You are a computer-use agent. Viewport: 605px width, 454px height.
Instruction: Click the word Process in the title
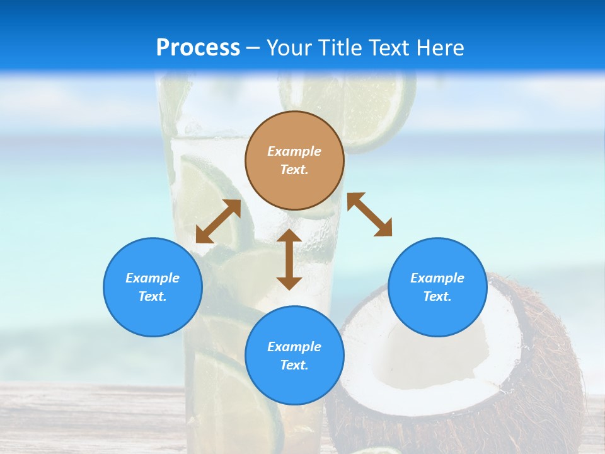pyautogui.click(x=198, y=48)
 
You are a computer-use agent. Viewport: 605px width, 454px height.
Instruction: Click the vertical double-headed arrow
pyautogui.click(x=289, y=259)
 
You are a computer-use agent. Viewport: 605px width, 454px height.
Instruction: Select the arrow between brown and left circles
pyautogui.click(x=218, y=221)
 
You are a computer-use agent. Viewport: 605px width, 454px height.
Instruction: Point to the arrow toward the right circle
pyautogui.click(x=369, y=214)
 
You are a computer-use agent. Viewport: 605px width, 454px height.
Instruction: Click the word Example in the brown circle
pyautogui.click(x=294, y=151)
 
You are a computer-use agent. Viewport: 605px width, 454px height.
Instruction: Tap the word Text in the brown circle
pyautogui.click(x=294, y=170)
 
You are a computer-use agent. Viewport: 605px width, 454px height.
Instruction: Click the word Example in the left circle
pyautogui.click(x=153, y=278)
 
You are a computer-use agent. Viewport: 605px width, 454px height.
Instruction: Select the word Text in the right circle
pyautogui.click(x=437, y=296)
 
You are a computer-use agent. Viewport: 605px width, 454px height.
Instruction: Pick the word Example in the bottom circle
pyautogui.click(x=294, y=347)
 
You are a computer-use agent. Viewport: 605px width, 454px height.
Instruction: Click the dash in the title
pyautogui.click(x=253, y=49)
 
